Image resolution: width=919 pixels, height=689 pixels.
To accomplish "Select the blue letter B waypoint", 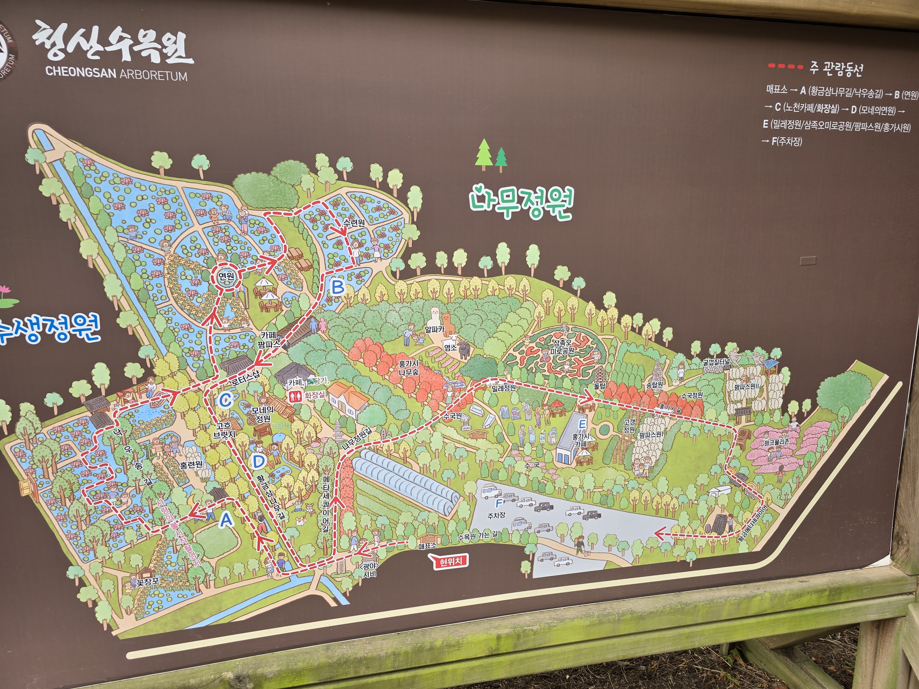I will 338,287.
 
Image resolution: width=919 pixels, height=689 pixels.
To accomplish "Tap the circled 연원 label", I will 227,276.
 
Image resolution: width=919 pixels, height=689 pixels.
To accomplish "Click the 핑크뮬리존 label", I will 776,442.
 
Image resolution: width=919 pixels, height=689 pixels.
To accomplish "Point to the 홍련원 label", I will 191,464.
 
